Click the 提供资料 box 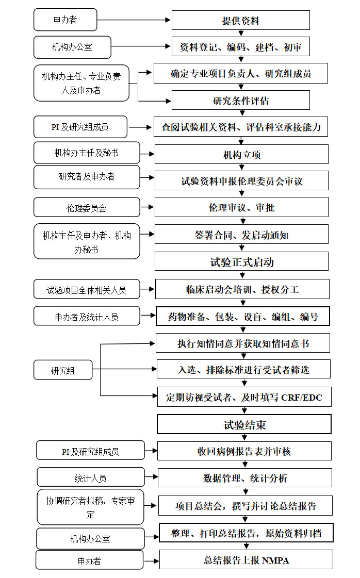point(240,20)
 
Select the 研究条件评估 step point(240,100)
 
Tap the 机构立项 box point(241,155)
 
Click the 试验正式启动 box point(241,262)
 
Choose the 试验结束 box point(244,424)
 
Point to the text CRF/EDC point(301,398)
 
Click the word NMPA point(275,560)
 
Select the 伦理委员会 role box point(87,208)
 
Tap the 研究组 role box point(63,370)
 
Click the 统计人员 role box point(91,477)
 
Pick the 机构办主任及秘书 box point(87,153)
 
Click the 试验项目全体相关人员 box point(87,289)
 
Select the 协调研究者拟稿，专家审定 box point(90,507)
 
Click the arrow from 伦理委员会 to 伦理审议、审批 point(147,207)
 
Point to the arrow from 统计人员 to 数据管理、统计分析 point(151,477)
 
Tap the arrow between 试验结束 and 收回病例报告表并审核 point(244,438)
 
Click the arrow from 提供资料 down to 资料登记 point(241,33)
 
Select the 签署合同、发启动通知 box point(241,235)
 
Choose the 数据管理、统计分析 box point(245,478)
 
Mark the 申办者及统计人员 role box point(87,316)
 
